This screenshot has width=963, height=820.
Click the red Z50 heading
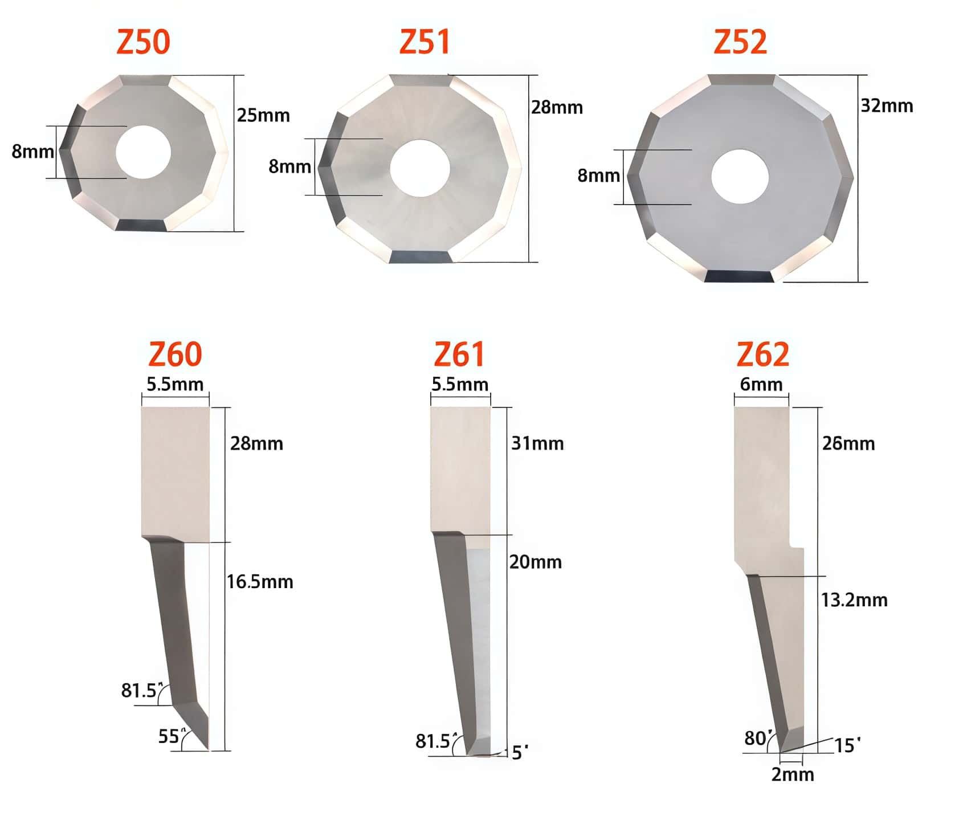(x=143, y=42)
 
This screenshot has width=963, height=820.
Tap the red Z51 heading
(x=425, y=42)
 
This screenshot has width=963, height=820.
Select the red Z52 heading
(x=740, y=42)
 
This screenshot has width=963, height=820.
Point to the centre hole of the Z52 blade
(x=740, y=177)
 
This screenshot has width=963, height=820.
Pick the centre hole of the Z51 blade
(x=420, y=169)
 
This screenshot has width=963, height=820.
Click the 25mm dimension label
(x=263, y=116)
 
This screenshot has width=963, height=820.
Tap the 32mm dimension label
(x=887, y=106)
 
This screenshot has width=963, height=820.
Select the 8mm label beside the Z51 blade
(x=290, y=166)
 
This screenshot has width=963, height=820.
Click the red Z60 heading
(x=175, y=354)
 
